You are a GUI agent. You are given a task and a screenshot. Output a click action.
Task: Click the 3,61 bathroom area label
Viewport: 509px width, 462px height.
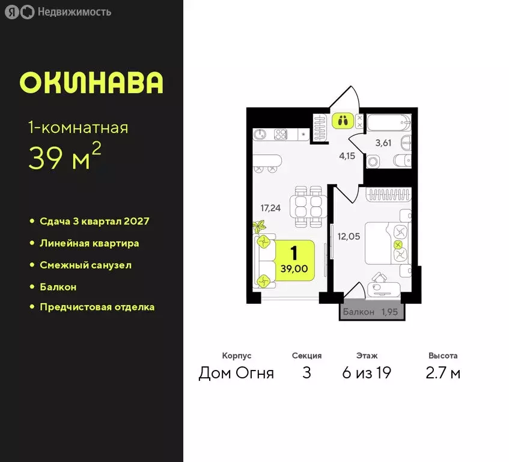click(x=383, y=143)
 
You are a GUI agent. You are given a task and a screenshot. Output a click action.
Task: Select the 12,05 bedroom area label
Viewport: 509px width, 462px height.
click(x=350, y=236)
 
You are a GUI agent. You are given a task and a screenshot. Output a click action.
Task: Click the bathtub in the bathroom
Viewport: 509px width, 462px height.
click(x=389, y=123)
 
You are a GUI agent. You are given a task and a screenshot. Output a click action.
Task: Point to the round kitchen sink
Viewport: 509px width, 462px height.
click(x=260, y=134)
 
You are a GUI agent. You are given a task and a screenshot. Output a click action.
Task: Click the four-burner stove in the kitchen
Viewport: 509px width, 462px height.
click(x=281, y=134)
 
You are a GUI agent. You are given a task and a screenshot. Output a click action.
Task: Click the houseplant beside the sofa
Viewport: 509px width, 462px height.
click(x=260, y=227)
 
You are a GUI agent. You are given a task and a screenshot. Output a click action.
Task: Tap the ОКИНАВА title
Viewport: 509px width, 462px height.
click(x=91, y=83)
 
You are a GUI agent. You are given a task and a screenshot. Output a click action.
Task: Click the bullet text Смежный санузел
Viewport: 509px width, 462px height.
click(x=85, y=265)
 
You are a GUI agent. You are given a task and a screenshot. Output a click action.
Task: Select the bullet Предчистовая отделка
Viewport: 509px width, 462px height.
click(x=97, y=307)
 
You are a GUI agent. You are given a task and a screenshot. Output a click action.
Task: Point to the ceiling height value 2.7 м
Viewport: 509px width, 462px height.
click(x=443, y=373)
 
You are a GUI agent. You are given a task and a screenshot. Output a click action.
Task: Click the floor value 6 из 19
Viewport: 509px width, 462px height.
click(x=366, y=373)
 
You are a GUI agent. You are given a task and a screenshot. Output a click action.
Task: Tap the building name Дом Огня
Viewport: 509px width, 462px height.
click(x=236, y=373)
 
